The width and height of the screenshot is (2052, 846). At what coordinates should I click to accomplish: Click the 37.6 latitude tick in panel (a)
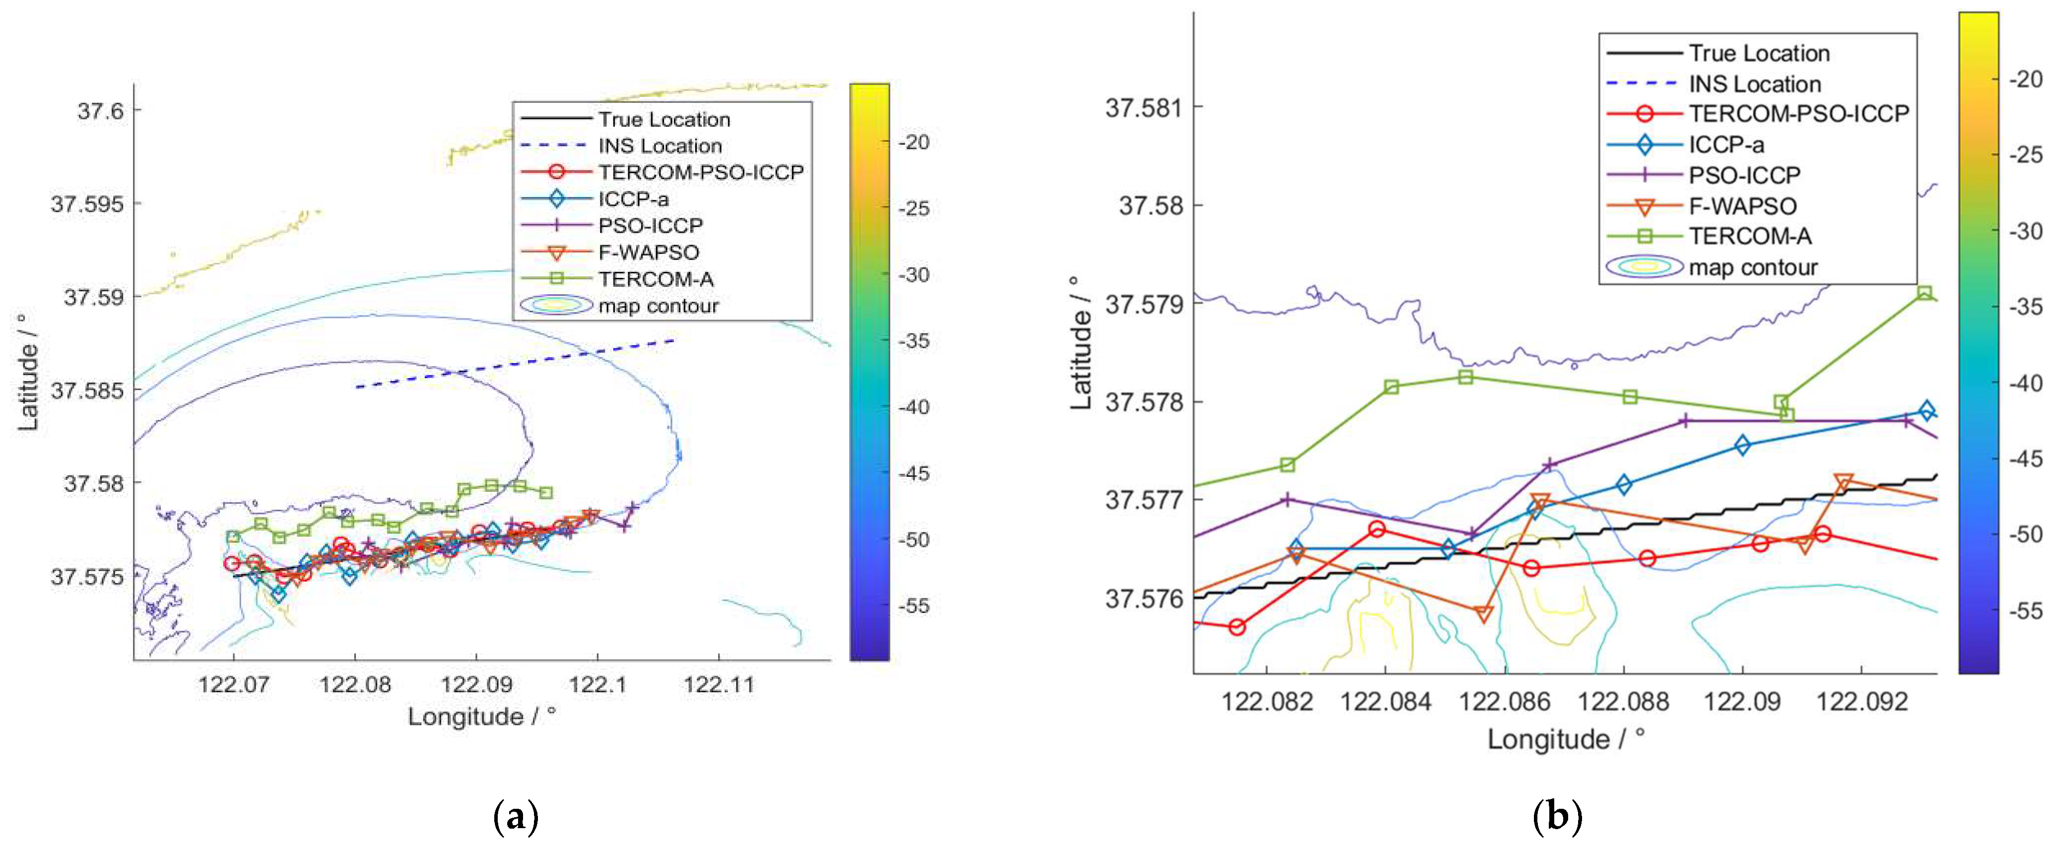coord(100,111)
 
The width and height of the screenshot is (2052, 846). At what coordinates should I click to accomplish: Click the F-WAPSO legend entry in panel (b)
coord(1742,206)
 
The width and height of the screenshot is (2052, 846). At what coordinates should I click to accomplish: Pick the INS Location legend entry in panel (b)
coord(1754,84)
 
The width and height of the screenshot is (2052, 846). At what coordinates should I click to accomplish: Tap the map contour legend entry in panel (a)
coord(658,306)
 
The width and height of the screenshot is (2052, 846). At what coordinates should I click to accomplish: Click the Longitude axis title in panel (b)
coord(1565,739)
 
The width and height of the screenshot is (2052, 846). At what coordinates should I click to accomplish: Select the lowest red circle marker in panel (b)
coord(1236,628)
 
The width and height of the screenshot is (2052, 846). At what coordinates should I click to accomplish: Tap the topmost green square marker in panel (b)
coord(1924,293)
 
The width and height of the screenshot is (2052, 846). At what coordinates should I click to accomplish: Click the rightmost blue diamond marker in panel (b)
coord(1926,411)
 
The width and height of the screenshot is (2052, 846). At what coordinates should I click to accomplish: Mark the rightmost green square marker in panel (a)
coord(546,492)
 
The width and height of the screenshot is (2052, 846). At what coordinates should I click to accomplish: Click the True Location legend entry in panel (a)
coord(663,120)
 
